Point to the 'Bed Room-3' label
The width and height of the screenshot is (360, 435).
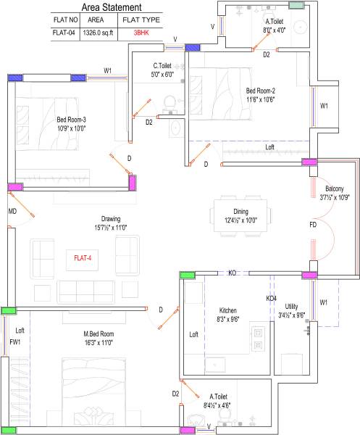point(71,120)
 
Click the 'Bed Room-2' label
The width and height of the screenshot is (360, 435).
point(260,91)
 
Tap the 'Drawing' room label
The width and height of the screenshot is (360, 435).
point(111,218)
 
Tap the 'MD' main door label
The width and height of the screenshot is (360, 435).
point(12,211)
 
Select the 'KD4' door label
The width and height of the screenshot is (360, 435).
point(271,298)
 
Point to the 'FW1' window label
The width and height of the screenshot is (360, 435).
point(15,341)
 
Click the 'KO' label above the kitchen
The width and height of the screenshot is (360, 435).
point(233,273)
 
